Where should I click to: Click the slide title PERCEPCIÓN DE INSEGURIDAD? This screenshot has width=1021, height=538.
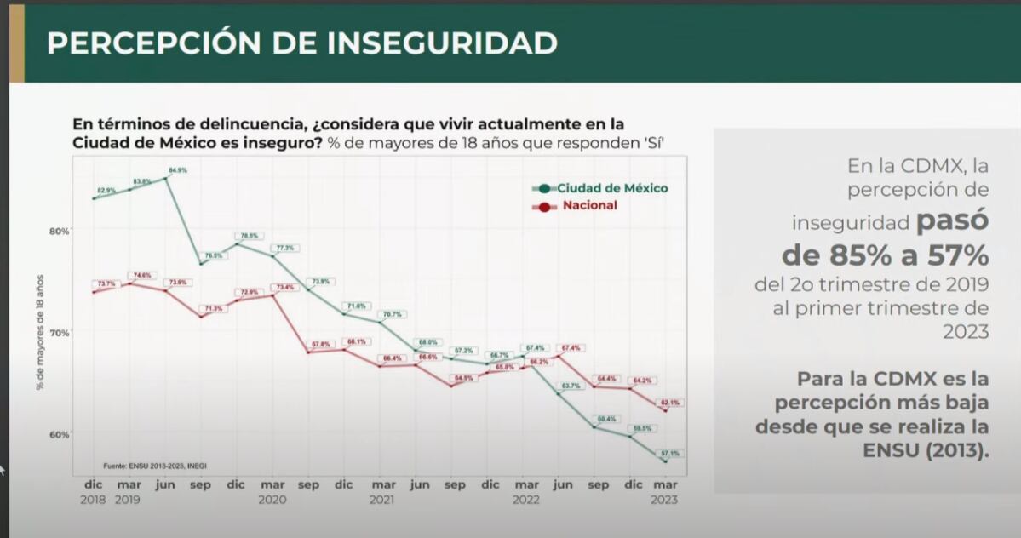[x=302, y=43]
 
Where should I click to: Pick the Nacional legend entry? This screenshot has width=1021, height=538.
[x=589, y=206]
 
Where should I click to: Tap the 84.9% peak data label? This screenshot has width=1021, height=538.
[x=177, y=170]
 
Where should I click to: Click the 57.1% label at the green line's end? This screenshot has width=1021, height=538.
[x=669, y=454]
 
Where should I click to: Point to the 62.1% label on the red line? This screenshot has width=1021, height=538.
[x=669, y=403]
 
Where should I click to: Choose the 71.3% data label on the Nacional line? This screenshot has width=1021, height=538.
[x=214, y=308]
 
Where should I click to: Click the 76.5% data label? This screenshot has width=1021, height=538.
[x=213, y=255]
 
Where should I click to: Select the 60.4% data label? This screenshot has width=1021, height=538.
[x=605, y=419]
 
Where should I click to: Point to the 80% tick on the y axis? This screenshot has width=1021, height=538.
[x=59, y=230]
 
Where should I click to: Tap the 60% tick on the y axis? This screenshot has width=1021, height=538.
[x=59, y=434]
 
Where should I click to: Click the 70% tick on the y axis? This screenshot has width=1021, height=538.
[x=59, y=332]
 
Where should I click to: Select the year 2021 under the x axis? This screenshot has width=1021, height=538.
[x=381, y=501]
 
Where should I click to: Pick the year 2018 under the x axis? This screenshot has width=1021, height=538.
[x=94, y=501]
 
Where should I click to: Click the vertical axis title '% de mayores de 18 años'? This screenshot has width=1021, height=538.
[x=40, y=332]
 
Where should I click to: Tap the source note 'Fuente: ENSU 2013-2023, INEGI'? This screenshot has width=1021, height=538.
[x=155, y=466]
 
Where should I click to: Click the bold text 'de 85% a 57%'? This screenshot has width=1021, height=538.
[x=886, y=255]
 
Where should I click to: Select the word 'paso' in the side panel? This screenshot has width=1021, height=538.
[x=952, y=221]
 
